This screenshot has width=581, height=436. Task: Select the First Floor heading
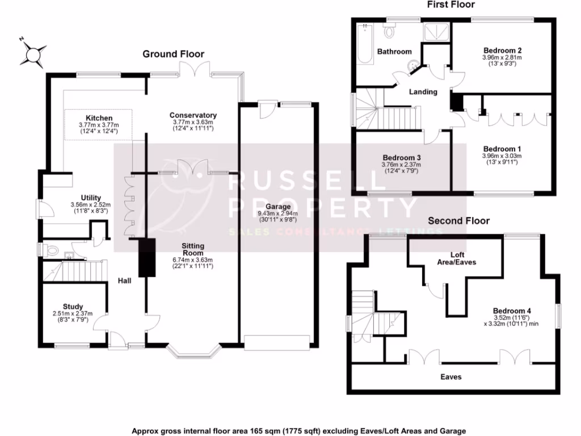point(451,5)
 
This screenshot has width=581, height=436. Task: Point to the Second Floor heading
point(458,220)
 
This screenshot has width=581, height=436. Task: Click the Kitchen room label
point(99,118)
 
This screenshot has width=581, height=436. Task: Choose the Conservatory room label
point(192,115)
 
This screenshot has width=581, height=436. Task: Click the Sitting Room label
point(193,249)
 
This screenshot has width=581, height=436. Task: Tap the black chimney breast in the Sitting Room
point(147,257)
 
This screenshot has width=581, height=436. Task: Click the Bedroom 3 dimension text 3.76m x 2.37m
point(402,165)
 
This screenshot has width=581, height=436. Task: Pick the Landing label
point(423,91)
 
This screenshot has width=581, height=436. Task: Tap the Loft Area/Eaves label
point(463,258)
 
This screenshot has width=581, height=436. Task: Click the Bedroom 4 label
point(511,311)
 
